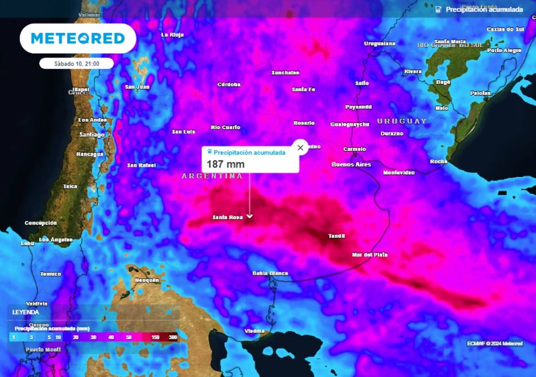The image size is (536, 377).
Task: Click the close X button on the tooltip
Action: [x=300, y=148]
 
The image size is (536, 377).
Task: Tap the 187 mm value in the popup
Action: [x=226, y=164]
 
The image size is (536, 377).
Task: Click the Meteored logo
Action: [x=77, y=38]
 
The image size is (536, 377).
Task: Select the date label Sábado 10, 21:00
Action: [x=77, y=63]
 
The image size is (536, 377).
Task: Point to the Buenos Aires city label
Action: [x=351, y=164]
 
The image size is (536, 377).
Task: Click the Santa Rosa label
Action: [x=228, y=217]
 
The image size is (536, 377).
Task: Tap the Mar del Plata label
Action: [x=370, y=254]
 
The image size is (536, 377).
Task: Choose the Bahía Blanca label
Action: [x=270, y=273]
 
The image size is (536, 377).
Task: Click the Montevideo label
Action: [x=399, y=172]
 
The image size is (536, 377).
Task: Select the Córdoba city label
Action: [x=229, y=84]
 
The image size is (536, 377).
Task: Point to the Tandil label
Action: [x=337, y=236]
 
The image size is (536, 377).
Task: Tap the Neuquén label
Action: [x=147, y=280]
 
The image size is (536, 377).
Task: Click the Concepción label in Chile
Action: [x=40, y=223]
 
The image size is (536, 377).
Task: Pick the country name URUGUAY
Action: [x=402, y=121]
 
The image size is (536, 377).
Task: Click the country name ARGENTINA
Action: [x=212, y=176]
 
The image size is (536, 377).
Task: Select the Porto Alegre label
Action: [x=504, y=50]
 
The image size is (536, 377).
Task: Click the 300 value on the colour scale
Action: [x=173, y=338]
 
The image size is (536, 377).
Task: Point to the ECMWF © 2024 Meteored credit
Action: [x=495, y=343]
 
